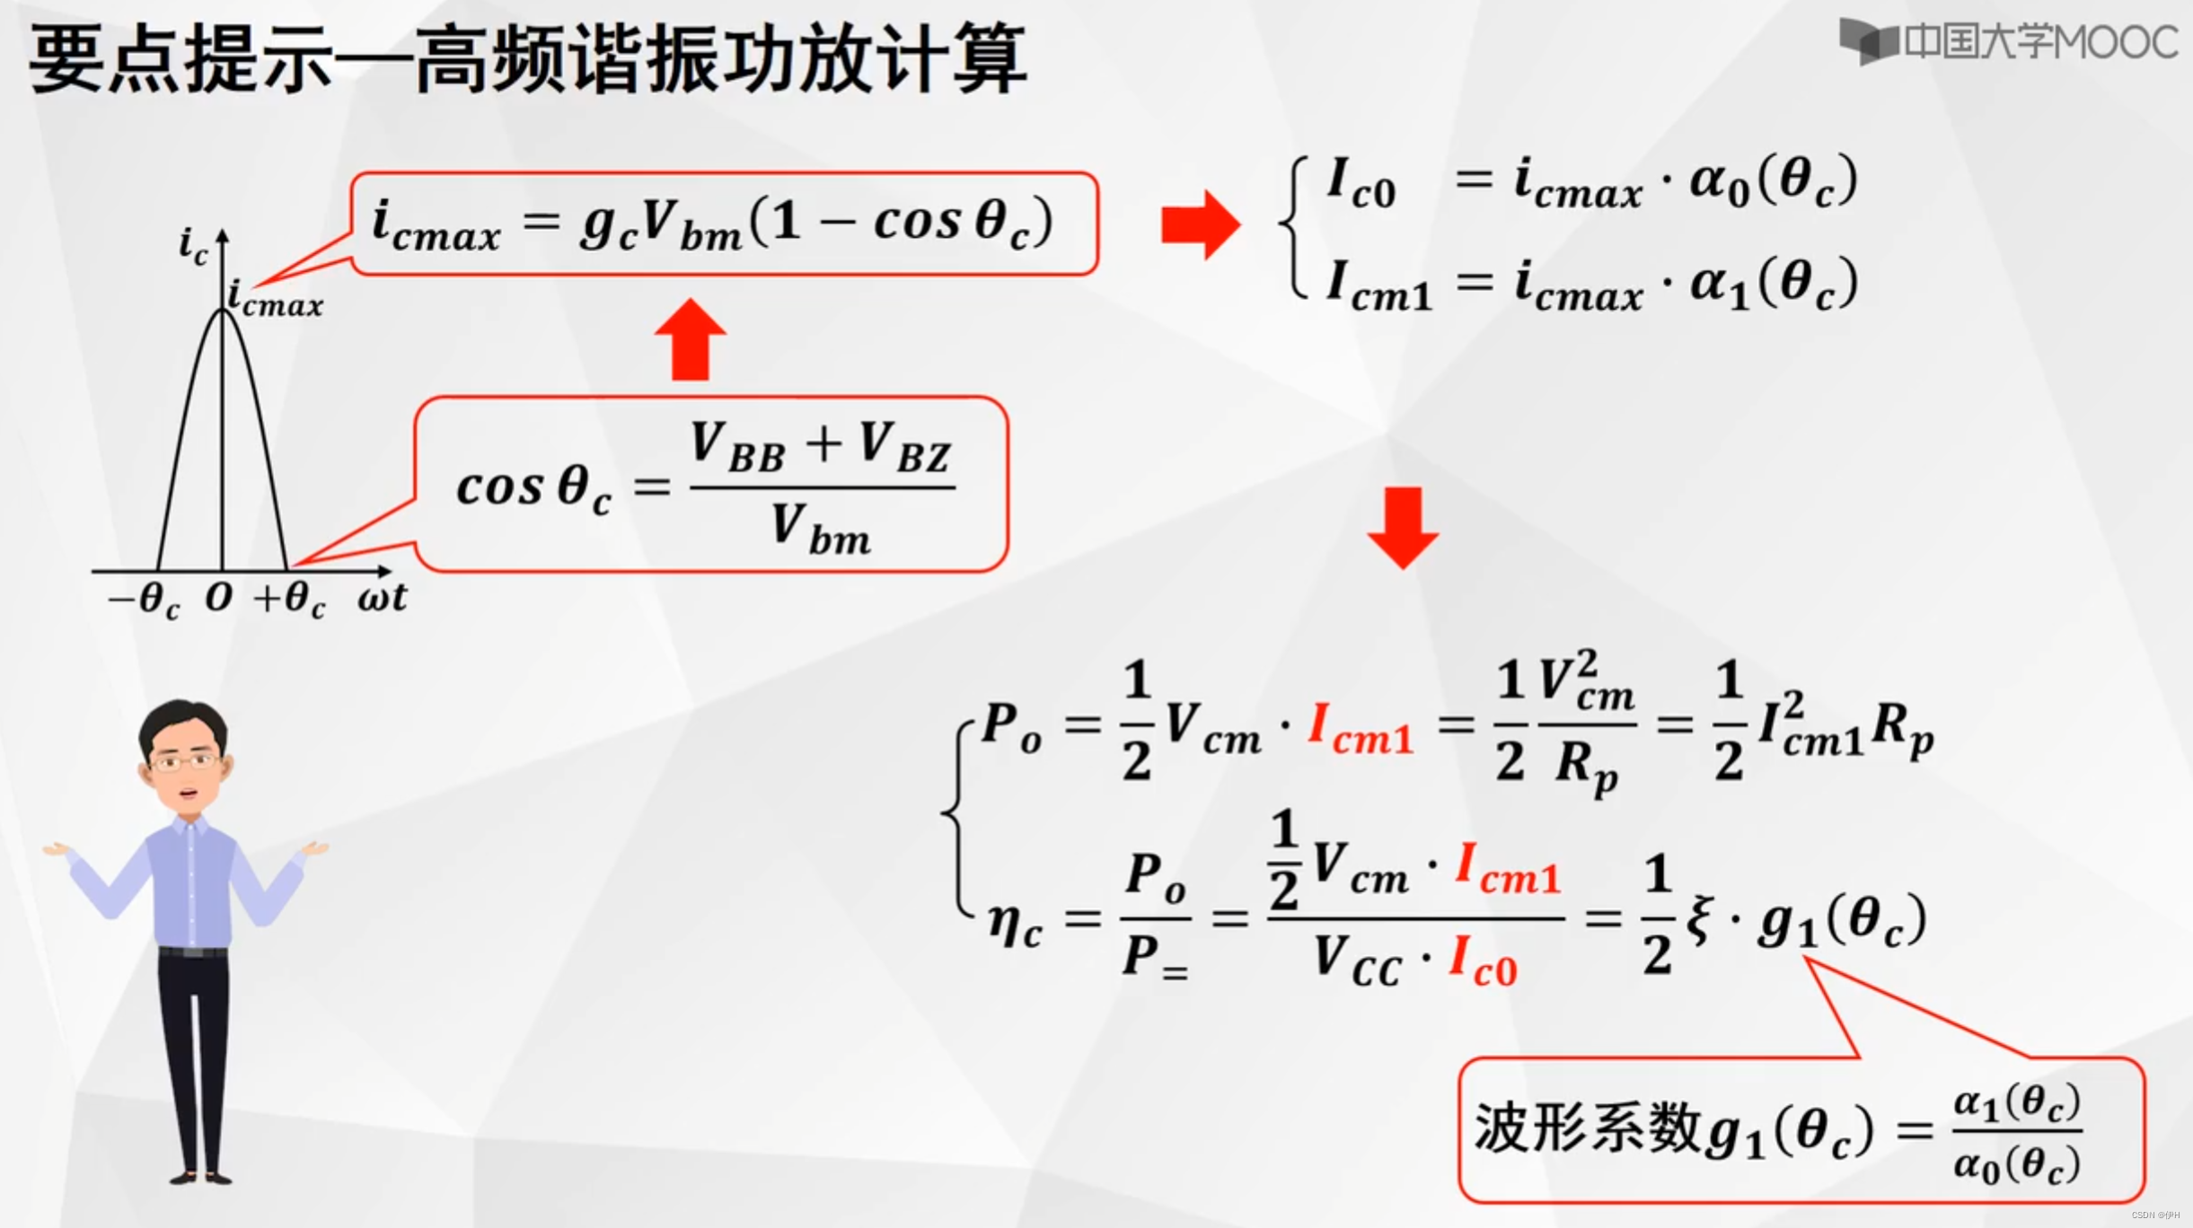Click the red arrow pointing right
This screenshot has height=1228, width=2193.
[1200, 224]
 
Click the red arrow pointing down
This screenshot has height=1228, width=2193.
[1403, 528]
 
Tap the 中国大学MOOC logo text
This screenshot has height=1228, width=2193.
[2039, 42]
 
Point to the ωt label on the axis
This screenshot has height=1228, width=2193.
[383, 597]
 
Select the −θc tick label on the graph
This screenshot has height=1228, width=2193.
[144, 599]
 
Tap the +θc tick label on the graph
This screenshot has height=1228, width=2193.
[289, 599]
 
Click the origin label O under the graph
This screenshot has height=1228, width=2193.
[218, 597]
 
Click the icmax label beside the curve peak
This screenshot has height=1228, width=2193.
[275, 298]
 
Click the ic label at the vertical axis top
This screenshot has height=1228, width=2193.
[193, 244]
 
